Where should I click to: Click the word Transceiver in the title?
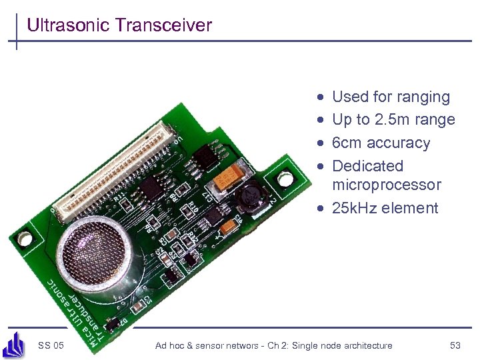pyautogui.click(x=163, y=25)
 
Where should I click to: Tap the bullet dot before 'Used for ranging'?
pyautogui.click(x=321, y=97)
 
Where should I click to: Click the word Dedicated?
pyautogui.click(x=367, y=166)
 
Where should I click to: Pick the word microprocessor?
pyautogui.click(x=386, y=185)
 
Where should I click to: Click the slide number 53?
pyautogui.click(x=455, y=345)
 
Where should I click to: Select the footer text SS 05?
pyautogui.click(x=51, y=345)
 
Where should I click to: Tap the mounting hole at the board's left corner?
pyautogui.click(x=25, y=237)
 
